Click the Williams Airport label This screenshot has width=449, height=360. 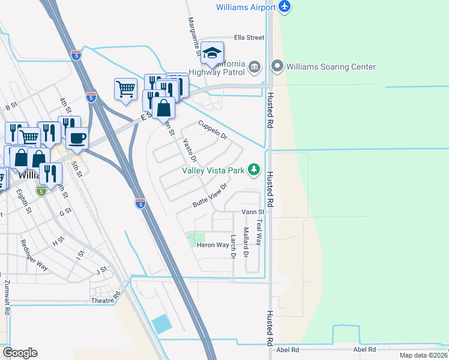(x=246, y=7)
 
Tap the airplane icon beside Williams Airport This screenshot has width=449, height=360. (x=285, y=7)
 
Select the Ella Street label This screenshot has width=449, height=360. (x=249, y=37)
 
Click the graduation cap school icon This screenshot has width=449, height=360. (x=212, y=53)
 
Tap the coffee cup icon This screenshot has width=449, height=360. (x=77, y=139)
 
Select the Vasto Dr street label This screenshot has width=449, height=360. (x=190, y=151)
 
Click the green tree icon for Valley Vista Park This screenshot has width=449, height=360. (x=255, y=170)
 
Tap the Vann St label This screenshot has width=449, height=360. (x=253, y=212)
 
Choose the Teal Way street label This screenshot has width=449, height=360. (x=259, y=232)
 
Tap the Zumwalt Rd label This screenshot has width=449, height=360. (x=7, y=294)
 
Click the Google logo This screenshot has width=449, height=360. (x=20, y=353)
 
